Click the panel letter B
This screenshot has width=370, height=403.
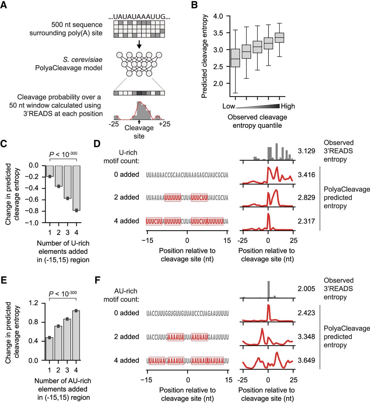[195, 5]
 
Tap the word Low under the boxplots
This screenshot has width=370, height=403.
[229, 106]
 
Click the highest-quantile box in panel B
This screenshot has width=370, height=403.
[279, 37]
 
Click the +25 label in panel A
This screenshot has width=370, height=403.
[164, 124]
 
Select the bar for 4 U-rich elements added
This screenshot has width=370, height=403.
[76, 188]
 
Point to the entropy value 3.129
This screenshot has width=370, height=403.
[306, 151]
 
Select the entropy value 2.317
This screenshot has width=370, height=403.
[306, 221]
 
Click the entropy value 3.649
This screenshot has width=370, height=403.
[306, 360]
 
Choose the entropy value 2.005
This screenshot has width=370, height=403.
[306, 289]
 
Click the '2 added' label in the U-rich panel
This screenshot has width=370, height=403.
[127, 197]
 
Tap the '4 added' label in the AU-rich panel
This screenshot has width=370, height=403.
[127, 360]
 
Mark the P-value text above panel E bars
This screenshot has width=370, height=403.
[63, 294]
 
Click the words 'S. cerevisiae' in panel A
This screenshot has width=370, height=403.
[83, 60]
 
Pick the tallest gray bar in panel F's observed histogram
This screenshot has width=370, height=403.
[269, 289]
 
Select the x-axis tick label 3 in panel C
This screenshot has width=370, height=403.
[67, 232]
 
